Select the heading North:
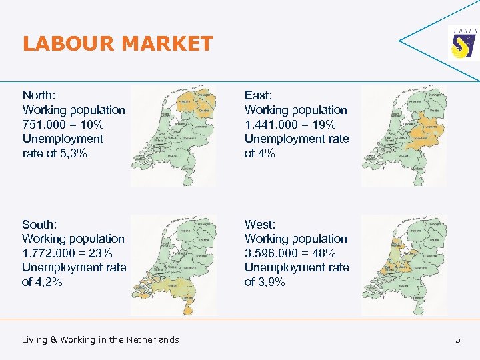point(39,95)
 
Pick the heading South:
point(39,224)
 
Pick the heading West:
point(260,224)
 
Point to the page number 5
point(458,340)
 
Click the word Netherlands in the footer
point(153,340)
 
